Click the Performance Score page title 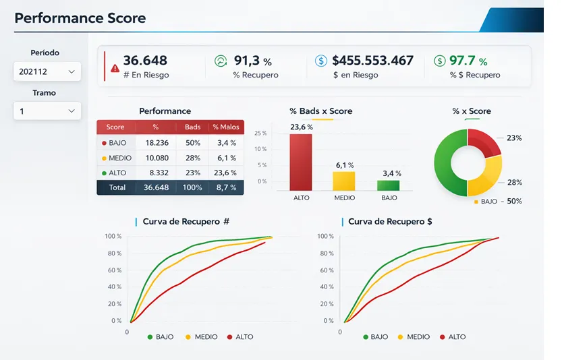80,18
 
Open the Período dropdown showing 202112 47,71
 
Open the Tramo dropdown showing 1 47,111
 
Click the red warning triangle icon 115,68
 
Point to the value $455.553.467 372,61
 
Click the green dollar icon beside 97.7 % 439,61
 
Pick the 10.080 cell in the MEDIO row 156,158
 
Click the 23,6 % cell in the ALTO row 226,173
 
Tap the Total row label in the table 117,187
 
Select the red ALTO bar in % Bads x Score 301,162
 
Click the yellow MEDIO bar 343,181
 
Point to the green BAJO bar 389,185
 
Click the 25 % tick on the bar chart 261,133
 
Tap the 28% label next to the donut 515,183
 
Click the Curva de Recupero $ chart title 390,221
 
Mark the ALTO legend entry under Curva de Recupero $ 453,336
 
